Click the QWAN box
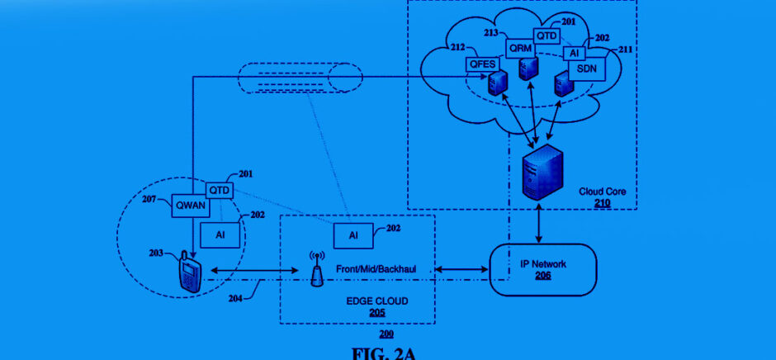pos(190,206)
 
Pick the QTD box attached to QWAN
pos(220,191)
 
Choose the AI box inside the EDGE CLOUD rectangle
pos(353,235)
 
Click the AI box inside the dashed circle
pos(220,235)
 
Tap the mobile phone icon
pos(190,272)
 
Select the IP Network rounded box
pos(541,269)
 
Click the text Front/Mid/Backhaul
pos(373,269)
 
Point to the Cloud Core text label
pos(602,191)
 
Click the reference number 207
pos(149,199)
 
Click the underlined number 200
pos(386,334)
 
